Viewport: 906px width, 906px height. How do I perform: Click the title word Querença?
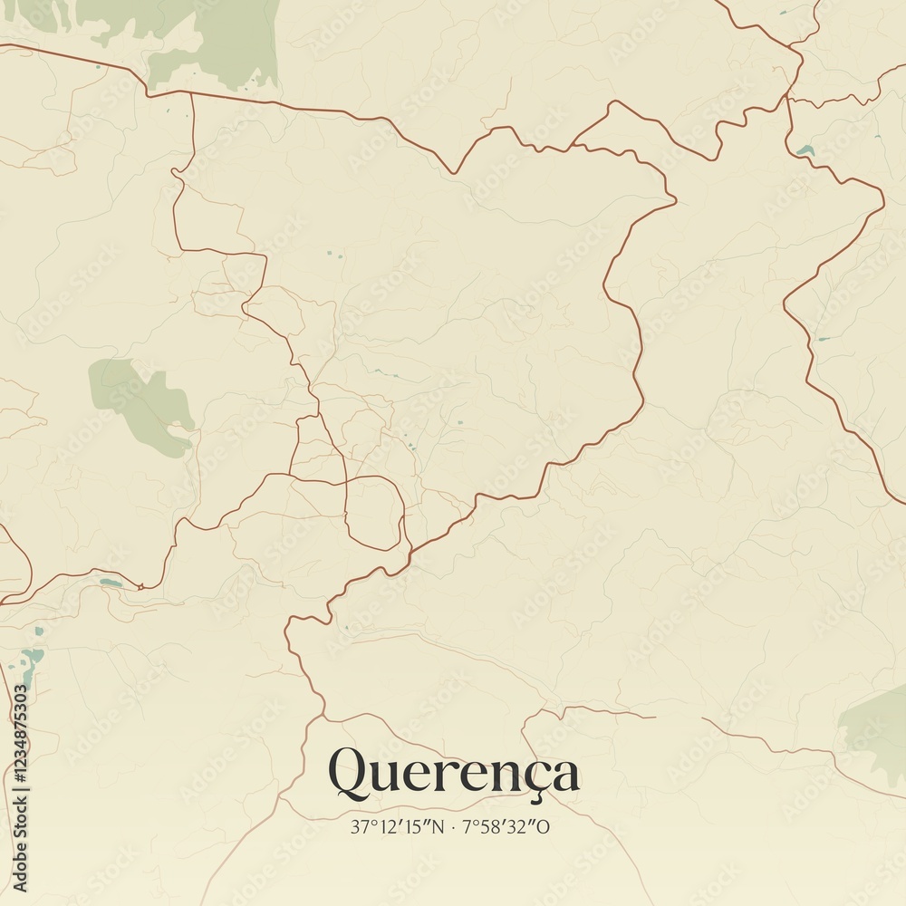tap(453, 773)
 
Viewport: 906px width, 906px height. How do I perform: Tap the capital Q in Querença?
tap(348, 773)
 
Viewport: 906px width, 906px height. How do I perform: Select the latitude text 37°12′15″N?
tap(400, 826)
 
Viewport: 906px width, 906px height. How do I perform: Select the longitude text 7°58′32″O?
tap(506, 826)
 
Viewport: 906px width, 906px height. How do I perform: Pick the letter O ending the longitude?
tap(544, 826)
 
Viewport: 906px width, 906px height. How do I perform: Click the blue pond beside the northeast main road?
tap(805, 149)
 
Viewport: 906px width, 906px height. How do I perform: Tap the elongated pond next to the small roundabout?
tap(110, 582)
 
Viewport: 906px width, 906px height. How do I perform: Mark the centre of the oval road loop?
tap(374, 512)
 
